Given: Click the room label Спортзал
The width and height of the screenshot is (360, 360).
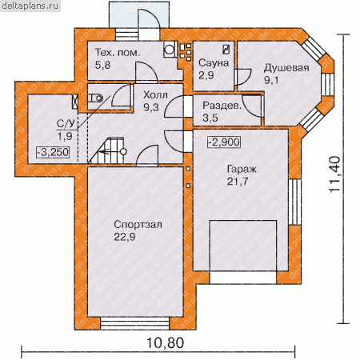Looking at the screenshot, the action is pos(138,225).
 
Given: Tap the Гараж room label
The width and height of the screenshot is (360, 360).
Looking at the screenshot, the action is pos(242,170).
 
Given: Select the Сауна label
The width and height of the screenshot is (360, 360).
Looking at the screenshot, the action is pos(214,63).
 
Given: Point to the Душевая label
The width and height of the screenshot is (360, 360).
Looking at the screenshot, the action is pos(286,68).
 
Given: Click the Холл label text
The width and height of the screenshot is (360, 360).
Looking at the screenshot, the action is pos(155,95).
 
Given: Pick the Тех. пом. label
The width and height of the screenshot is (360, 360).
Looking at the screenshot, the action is pos(118,53).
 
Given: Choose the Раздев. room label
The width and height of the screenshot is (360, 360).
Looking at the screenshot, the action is pos(222,106).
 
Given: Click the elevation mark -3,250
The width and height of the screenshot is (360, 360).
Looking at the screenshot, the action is pos(53,152).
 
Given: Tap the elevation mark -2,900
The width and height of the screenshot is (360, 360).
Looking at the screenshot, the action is pos(224,142).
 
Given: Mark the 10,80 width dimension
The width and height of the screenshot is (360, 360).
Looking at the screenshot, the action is pos(166,343).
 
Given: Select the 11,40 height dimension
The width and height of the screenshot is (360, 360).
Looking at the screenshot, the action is pos(334,174).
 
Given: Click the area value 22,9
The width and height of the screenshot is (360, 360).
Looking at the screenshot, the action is pos(125,237).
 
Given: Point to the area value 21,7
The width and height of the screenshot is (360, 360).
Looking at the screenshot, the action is pos(238,182).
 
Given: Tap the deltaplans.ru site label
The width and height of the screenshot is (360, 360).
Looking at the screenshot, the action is pos(30,6).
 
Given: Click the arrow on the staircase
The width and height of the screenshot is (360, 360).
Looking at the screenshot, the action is pos(106,153).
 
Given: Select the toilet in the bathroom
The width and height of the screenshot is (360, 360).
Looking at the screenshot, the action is pos(95,98).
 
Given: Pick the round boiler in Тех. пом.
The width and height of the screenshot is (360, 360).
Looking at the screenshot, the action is pos(169,50).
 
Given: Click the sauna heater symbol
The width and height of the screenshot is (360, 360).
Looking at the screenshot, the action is pos(226,50).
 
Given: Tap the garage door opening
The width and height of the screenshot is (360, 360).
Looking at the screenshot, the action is pos(243,278).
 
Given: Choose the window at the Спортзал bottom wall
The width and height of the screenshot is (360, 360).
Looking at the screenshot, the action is pos(135,323).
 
